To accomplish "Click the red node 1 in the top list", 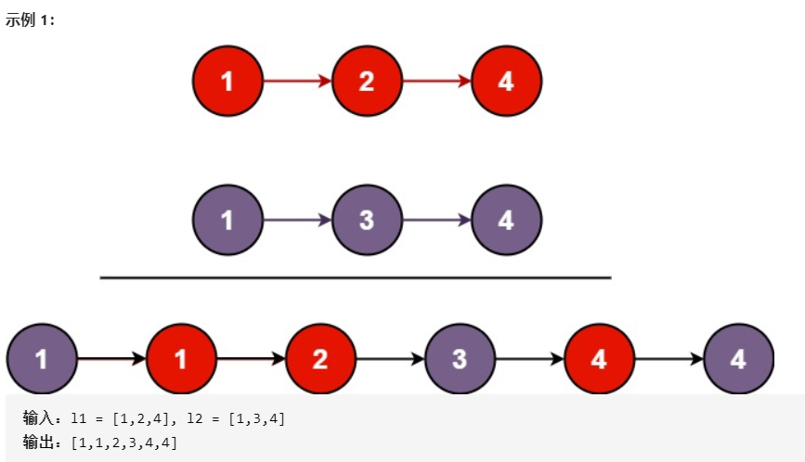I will (x=228, y=82).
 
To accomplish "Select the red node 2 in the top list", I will (x=367, y=82).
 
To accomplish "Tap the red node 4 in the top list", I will (x=506, y=82).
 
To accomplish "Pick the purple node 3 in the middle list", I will (x=367, y=221).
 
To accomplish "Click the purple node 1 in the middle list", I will (x=228, y=221).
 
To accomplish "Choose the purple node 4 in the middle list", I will (x=506, y=221).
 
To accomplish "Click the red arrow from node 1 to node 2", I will (x=297, y=82).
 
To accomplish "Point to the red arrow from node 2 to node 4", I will (x=436, y=82).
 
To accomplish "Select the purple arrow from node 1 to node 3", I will (x=297, y=221).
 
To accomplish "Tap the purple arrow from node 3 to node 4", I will (x=436, y=221).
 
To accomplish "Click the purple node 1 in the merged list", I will (x=42, y=359).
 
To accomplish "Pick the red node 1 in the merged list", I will (x=181, y=359).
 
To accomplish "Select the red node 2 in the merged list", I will (x=320, y=359).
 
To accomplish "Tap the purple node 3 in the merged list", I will (x=460, y=359).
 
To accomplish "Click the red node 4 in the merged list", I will (x=599, y=359).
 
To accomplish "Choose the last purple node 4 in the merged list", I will (x=738, y=359).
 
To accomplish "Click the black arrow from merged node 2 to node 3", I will (x=390, y=359).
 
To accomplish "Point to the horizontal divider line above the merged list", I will (x=355, y=277).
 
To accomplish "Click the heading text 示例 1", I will (x=31, y=19).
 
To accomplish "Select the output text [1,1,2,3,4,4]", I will (x=123, y=442).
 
